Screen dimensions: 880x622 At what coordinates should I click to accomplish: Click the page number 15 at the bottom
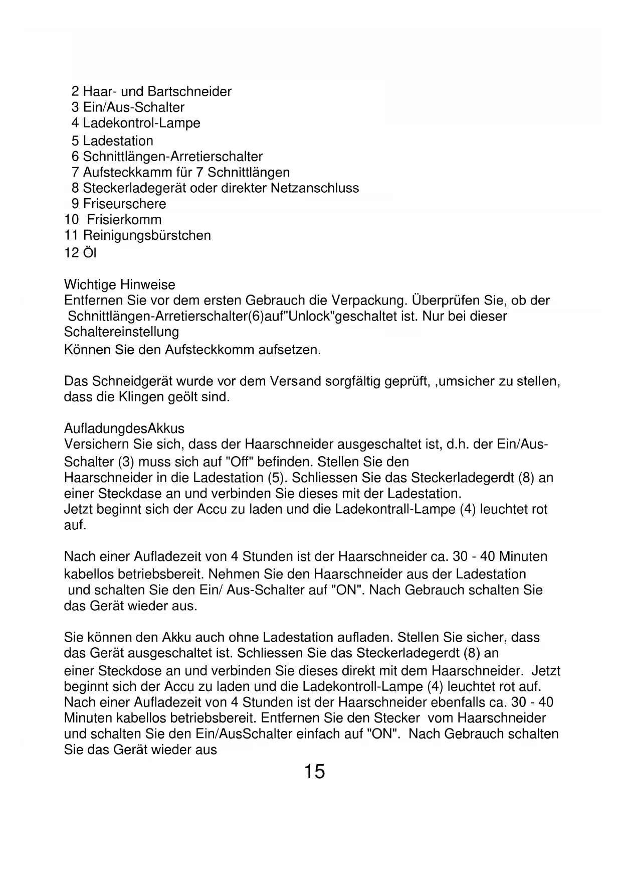click(314, 771)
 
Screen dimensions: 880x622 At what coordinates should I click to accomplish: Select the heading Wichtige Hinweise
click(120, 285)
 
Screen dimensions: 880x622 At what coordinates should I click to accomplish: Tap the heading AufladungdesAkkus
click(124, 428)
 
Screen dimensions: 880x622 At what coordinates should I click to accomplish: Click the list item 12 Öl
click(80, 253)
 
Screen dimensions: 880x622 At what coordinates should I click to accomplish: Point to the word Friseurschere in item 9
click(124, 204)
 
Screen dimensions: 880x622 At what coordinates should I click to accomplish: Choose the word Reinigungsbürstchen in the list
click(147, 235)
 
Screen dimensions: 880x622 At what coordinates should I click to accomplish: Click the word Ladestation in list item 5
click(118, 141)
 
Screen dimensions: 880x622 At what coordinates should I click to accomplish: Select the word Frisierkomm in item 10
click(124, 220)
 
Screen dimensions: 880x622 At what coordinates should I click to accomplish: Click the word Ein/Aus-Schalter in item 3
click(134, 107)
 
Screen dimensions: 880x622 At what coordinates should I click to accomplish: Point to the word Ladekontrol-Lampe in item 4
click(141, 123)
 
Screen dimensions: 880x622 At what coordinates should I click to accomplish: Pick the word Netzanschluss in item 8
click(315, 188)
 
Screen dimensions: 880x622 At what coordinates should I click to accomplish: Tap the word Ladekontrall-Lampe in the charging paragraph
click(395, 510)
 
